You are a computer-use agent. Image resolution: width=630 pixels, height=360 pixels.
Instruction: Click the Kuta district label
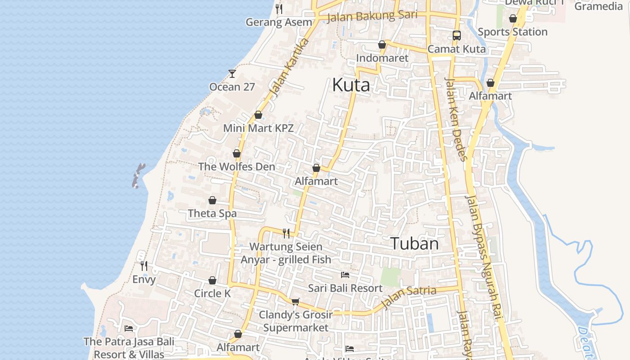tap(351, 85)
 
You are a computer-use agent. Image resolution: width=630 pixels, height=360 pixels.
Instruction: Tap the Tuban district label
tap(414, 243)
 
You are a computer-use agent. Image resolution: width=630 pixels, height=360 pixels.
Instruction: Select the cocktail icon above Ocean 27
tap(232, 73)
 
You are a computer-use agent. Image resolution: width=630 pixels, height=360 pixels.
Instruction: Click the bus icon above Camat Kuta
tap(456, 35)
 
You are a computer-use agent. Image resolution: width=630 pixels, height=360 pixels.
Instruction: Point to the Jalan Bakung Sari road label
tap(372, 16)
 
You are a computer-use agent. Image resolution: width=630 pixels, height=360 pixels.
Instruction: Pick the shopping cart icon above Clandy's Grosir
tap(295, 301)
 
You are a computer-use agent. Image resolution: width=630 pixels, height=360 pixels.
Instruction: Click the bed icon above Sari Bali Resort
tap(345, 274)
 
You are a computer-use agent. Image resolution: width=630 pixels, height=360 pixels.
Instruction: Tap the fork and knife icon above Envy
tap(144, 266)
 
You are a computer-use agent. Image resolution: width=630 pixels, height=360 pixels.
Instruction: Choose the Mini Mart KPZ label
tap(258, 128)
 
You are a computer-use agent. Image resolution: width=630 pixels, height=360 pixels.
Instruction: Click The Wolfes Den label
tap(236, 166)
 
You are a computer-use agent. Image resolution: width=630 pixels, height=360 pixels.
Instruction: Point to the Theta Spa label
tap(212, 213)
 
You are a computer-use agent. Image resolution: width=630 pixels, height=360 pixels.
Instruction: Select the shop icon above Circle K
tap(212, 281)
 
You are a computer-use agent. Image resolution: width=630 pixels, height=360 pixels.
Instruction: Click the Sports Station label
tap(513, 32)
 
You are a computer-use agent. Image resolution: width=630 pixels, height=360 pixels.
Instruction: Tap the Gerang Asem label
tap(279, 22)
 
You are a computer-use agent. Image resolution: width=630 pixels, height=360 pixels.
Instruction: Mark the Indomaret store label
tap(382, 58)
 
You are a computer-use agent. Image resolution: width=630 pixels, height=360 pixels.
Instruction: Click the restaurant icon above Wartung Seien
tap(286, 233)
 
